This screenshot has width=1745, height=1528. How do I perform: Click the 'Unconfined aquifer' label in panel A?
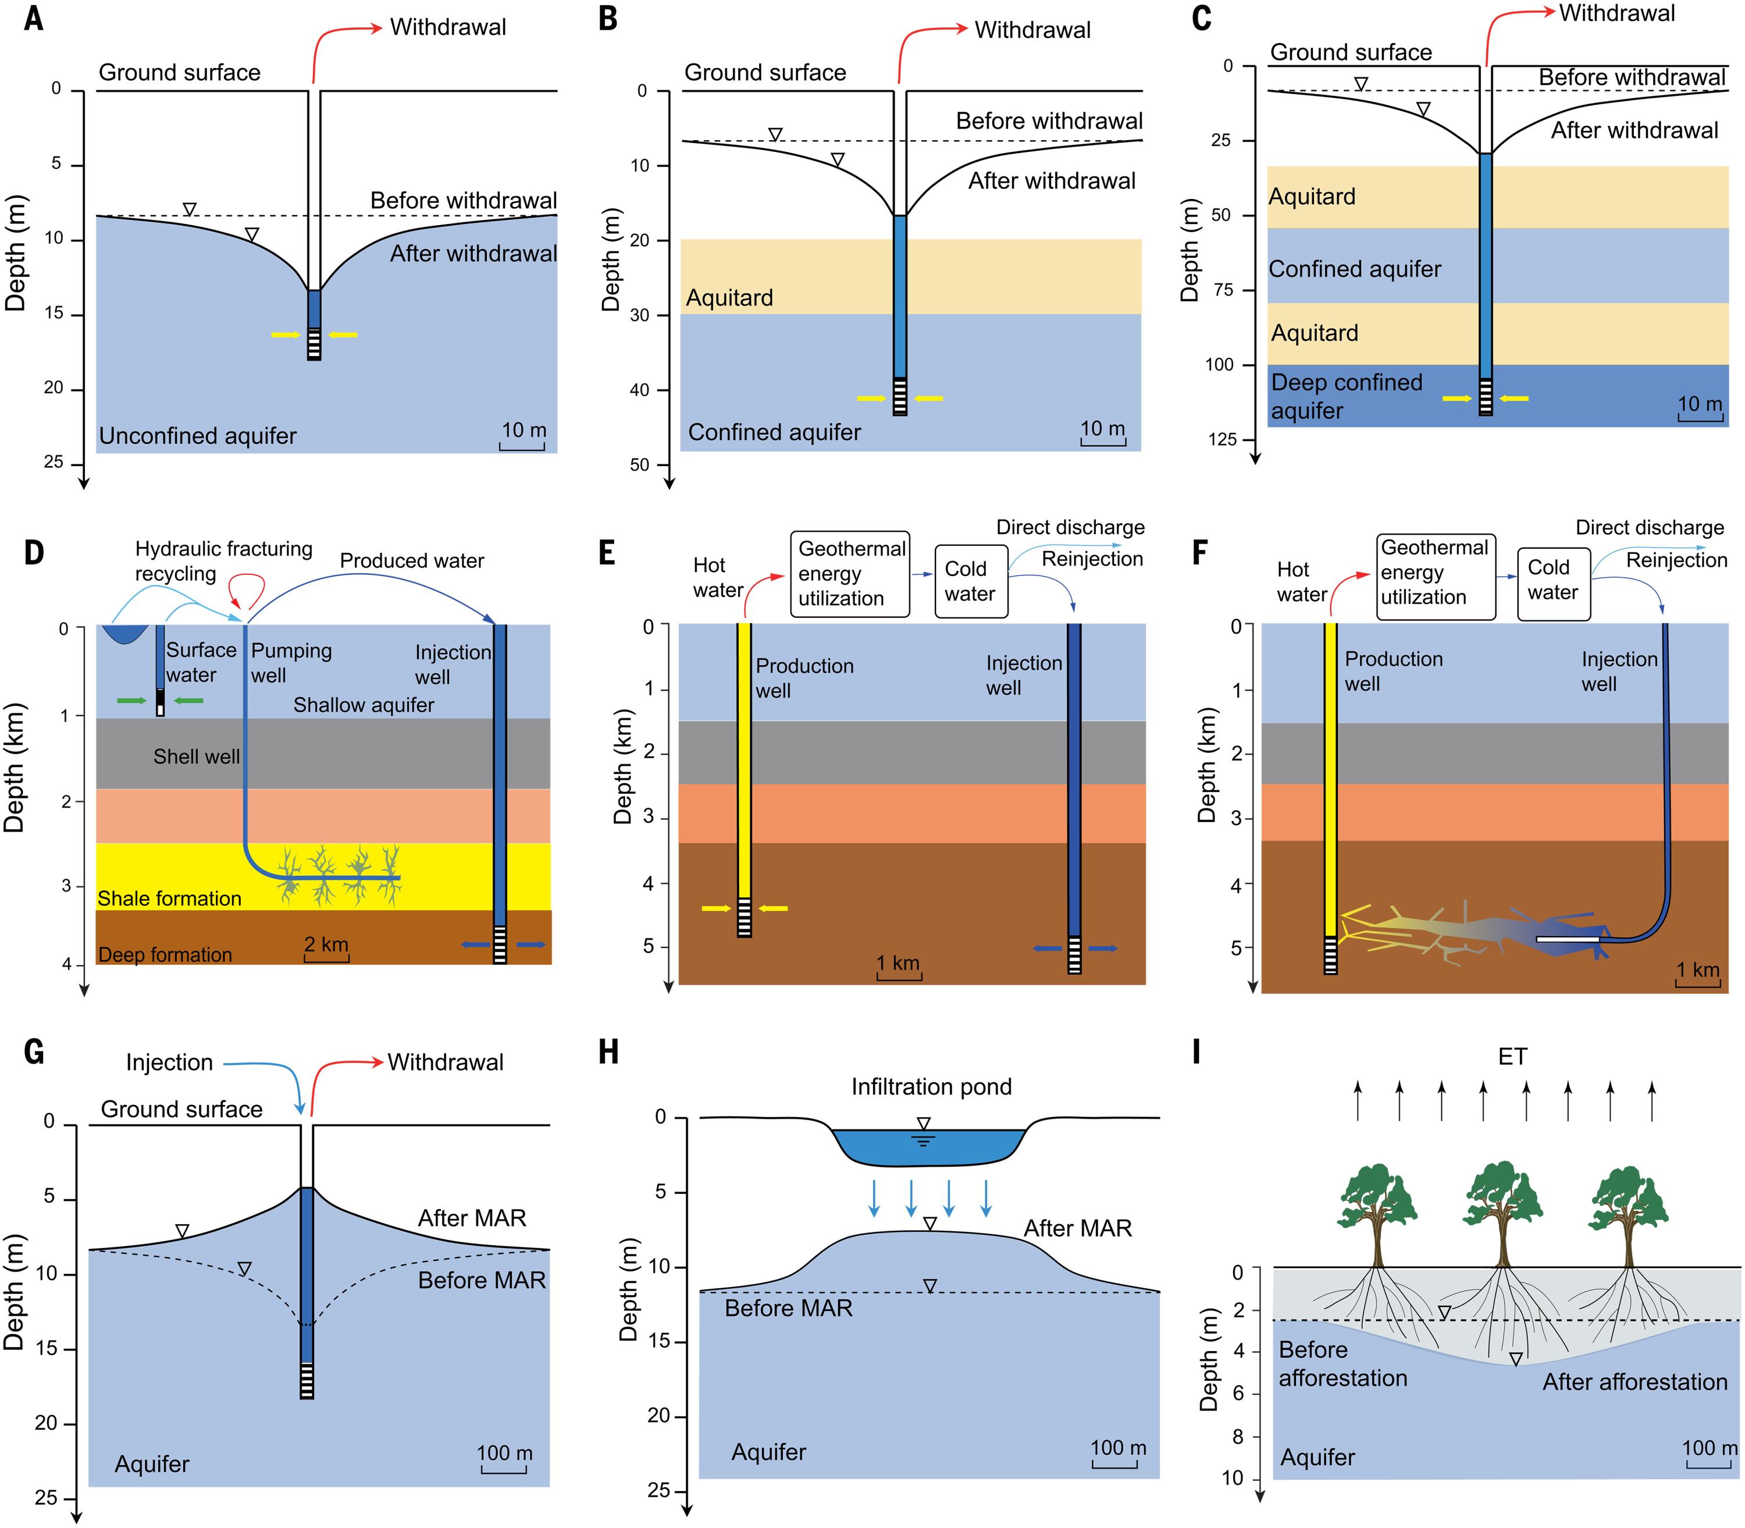pos(198,436)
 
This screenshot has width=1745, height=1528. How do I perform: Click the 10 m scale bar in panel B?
pos(1103,434)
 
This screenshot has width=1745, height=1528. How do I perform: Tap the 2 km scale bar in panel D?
pos(326,950)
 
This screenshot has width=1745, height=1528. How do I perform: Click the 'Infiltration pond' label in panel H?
pos(931,1086)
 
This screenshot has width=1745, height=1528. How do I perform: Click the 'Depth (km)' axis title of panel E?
pos(622,766)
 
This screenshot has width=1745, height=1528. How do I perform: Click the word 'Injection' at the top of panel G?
pos(170,1063)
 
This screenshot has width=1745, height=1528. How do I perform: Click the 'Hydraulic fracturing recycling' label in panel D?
pos(223,560)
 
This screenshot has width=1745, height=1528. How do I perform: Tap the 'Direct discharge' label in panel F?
pos(1648,528)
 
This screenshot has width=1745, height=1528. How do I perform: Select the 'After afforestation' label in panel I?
pos(1634,1382)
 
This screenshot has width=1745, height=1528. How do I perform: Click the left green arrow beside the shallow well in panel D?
pos(131,700)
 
